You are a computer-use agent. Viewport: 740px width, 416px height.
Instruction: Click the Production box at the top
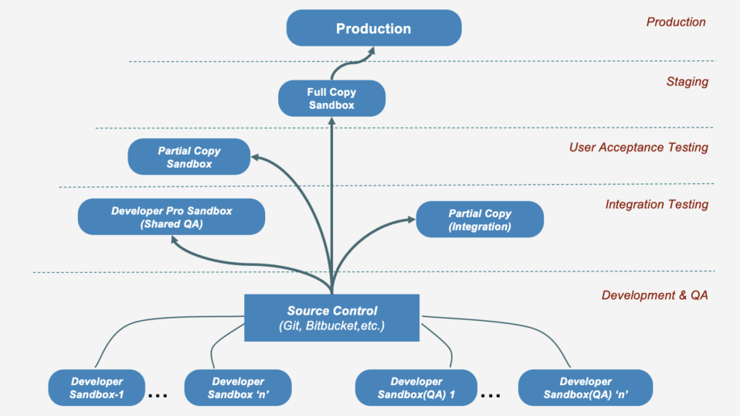[x=374, y=29]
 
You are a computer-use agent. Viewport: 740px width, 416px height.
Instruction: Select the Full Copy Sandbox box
[x=331, y=99]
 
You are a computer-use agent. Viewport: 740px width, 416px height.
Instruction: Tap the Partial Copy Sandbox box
[x=189, y=157]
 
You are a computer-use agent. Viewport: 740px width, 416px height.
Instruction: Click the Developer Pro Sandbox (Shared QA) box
[x=171, y=217]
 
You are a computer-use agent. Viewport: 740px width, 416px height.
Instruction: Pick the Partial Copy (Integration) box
[x=480, y=220]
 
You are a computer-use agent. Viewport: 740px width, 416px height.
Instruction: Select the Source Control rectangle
[x=332, y=318]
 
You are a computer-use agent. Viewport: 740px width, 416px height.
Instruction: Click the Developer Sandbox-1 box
[x=97, y=388]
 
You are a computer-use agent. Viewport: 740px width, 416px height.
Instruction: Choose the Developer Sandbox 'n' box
[x=238, y=388]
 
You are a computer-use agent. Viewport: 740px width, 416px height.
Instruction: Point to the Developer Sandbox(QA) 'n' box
[x=586, y=388]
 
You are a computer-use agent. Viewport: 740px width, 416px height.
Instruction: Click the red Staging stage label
[x=687, y=82]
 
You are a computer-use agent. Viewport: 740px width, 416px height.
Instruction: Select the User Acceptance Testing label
[x=638, y=147]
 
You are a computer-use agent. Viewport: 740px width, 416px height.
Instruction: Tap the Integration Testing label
[x=657, y=204]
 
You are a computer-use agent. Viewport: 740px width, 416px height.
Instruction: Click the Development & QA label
[x=654, y=295]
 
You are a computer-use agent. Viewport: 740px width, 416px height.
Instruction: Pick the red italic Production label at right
[x=676, y=22]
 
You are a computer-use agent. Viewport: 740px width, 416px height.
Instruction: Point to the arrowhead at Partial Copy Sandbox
[x=256, y=157]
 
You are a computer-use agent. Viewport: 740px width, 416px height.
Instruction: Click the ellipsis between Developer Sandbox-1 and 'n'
[x=158, y=395]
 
